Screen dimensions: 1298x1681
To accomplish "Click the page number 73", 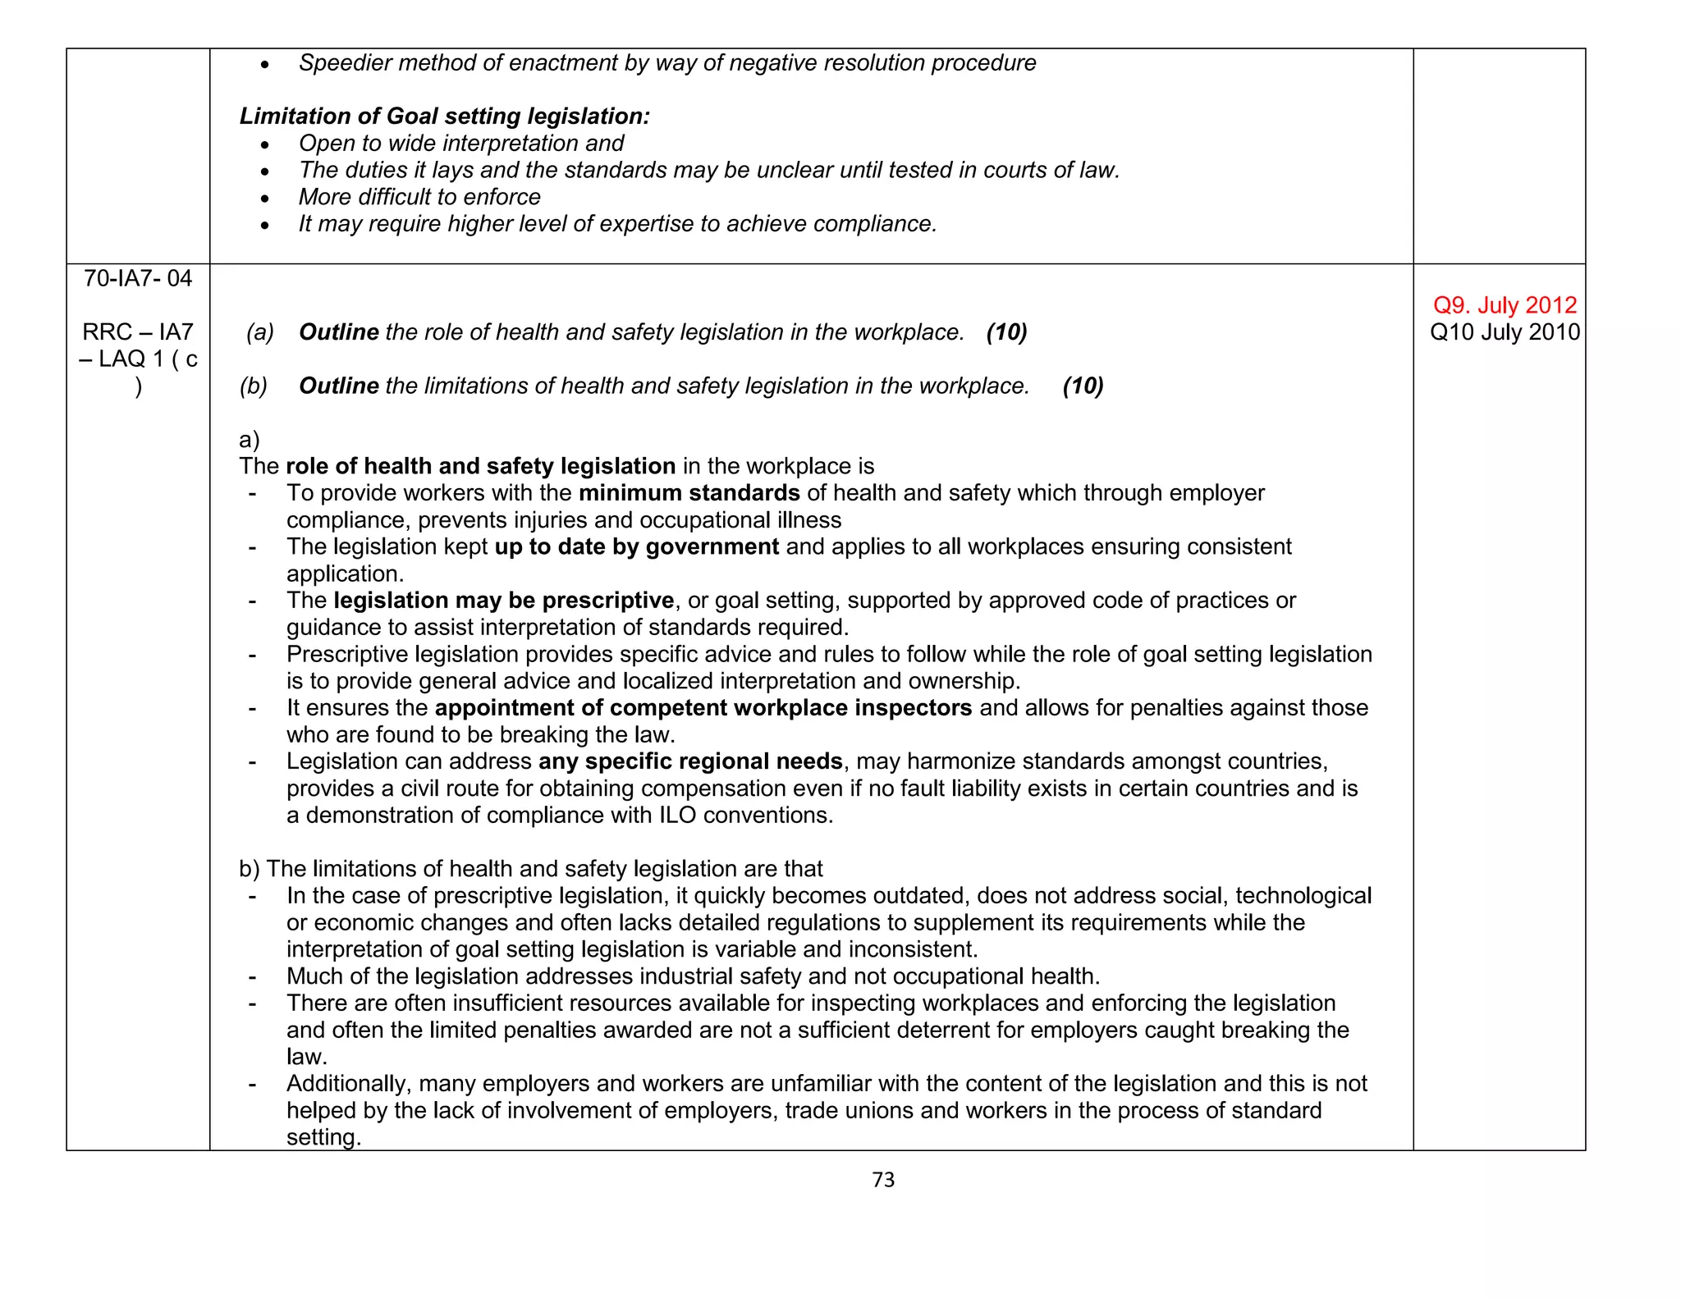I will (883, 1180).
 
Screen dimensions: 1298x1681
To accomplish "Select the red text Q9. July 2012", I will (1504, 305).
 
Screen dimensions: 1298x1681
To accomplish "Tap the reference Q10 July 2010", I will (1504, 332).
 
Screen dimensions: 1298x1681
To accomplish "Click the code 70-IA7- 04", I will (138, 279).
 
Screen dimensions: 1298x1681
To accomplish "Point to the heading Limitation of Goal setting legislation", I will (444, 117).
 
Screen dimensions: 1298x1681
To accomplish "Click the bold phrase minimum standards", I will (689, 493).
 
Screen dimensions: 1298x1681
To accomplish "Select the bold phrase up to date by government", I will (636, 546).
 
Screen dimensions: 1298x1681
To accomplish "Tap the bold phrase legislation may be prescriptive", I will (503, 601).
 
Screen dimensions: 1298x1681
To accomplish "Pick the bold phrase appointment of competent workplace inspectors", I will (703, 708).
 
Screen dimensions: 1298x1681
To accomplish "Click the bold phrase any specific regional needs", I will (690, 761).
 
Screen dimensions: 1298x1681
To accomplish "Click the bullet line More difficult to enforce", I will (419, 197).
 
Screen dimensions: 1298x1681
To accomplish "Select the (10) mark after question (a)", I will (1006, 332).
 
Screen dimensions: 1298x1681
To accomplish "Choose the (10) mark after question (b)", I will (1083, 386).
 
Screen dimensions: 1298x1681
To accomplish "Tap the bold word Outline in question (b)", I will (338, 386).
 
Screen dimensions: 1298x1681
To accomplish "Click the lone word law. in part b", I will (307, 1057).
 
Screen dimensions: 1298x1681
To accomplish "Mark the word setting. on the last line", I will (323, 1138).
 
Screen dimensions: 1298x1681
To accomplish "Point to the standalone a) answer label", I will (250, 440).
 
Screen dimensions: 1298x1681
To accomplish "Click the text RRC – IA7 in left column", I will (138, 332).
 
